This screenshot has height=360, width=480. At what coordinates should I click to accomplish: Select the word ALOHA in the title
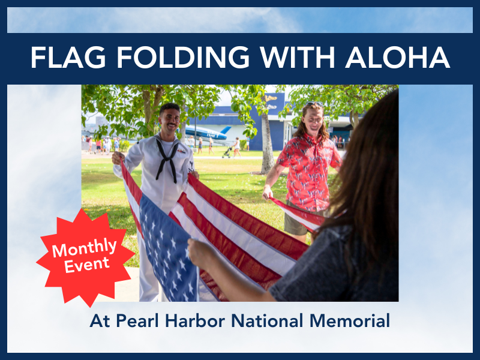(x=398, y=57)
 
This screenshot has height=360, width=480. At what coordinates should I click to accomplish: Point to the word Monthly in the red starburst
(x=84, y=247)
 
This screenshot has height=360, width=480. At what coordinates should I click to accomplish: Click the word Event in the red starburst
(x=86, y=265)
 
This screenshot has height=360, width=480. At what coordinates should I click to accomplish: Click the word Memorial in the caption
(x=350, y=320)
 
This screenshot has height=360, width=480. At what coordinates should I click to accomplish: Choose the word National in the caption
(x=267, y=320)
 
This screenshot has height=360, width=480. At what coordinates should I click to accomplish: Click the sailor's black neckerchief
(x=167, y=159)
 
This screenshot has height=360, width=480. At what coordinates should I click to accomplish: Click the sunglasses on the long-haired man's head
(x=314, y=104)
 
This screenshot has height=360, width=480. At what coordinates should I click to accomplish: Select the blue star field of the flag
(x=169, y=248)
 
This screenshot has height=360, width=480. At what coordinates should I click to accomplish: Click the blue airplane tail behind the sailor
(x=226, y=130)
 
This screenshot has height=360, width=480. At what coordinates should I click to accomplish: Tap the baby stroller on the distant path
(x=227, y=153)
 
